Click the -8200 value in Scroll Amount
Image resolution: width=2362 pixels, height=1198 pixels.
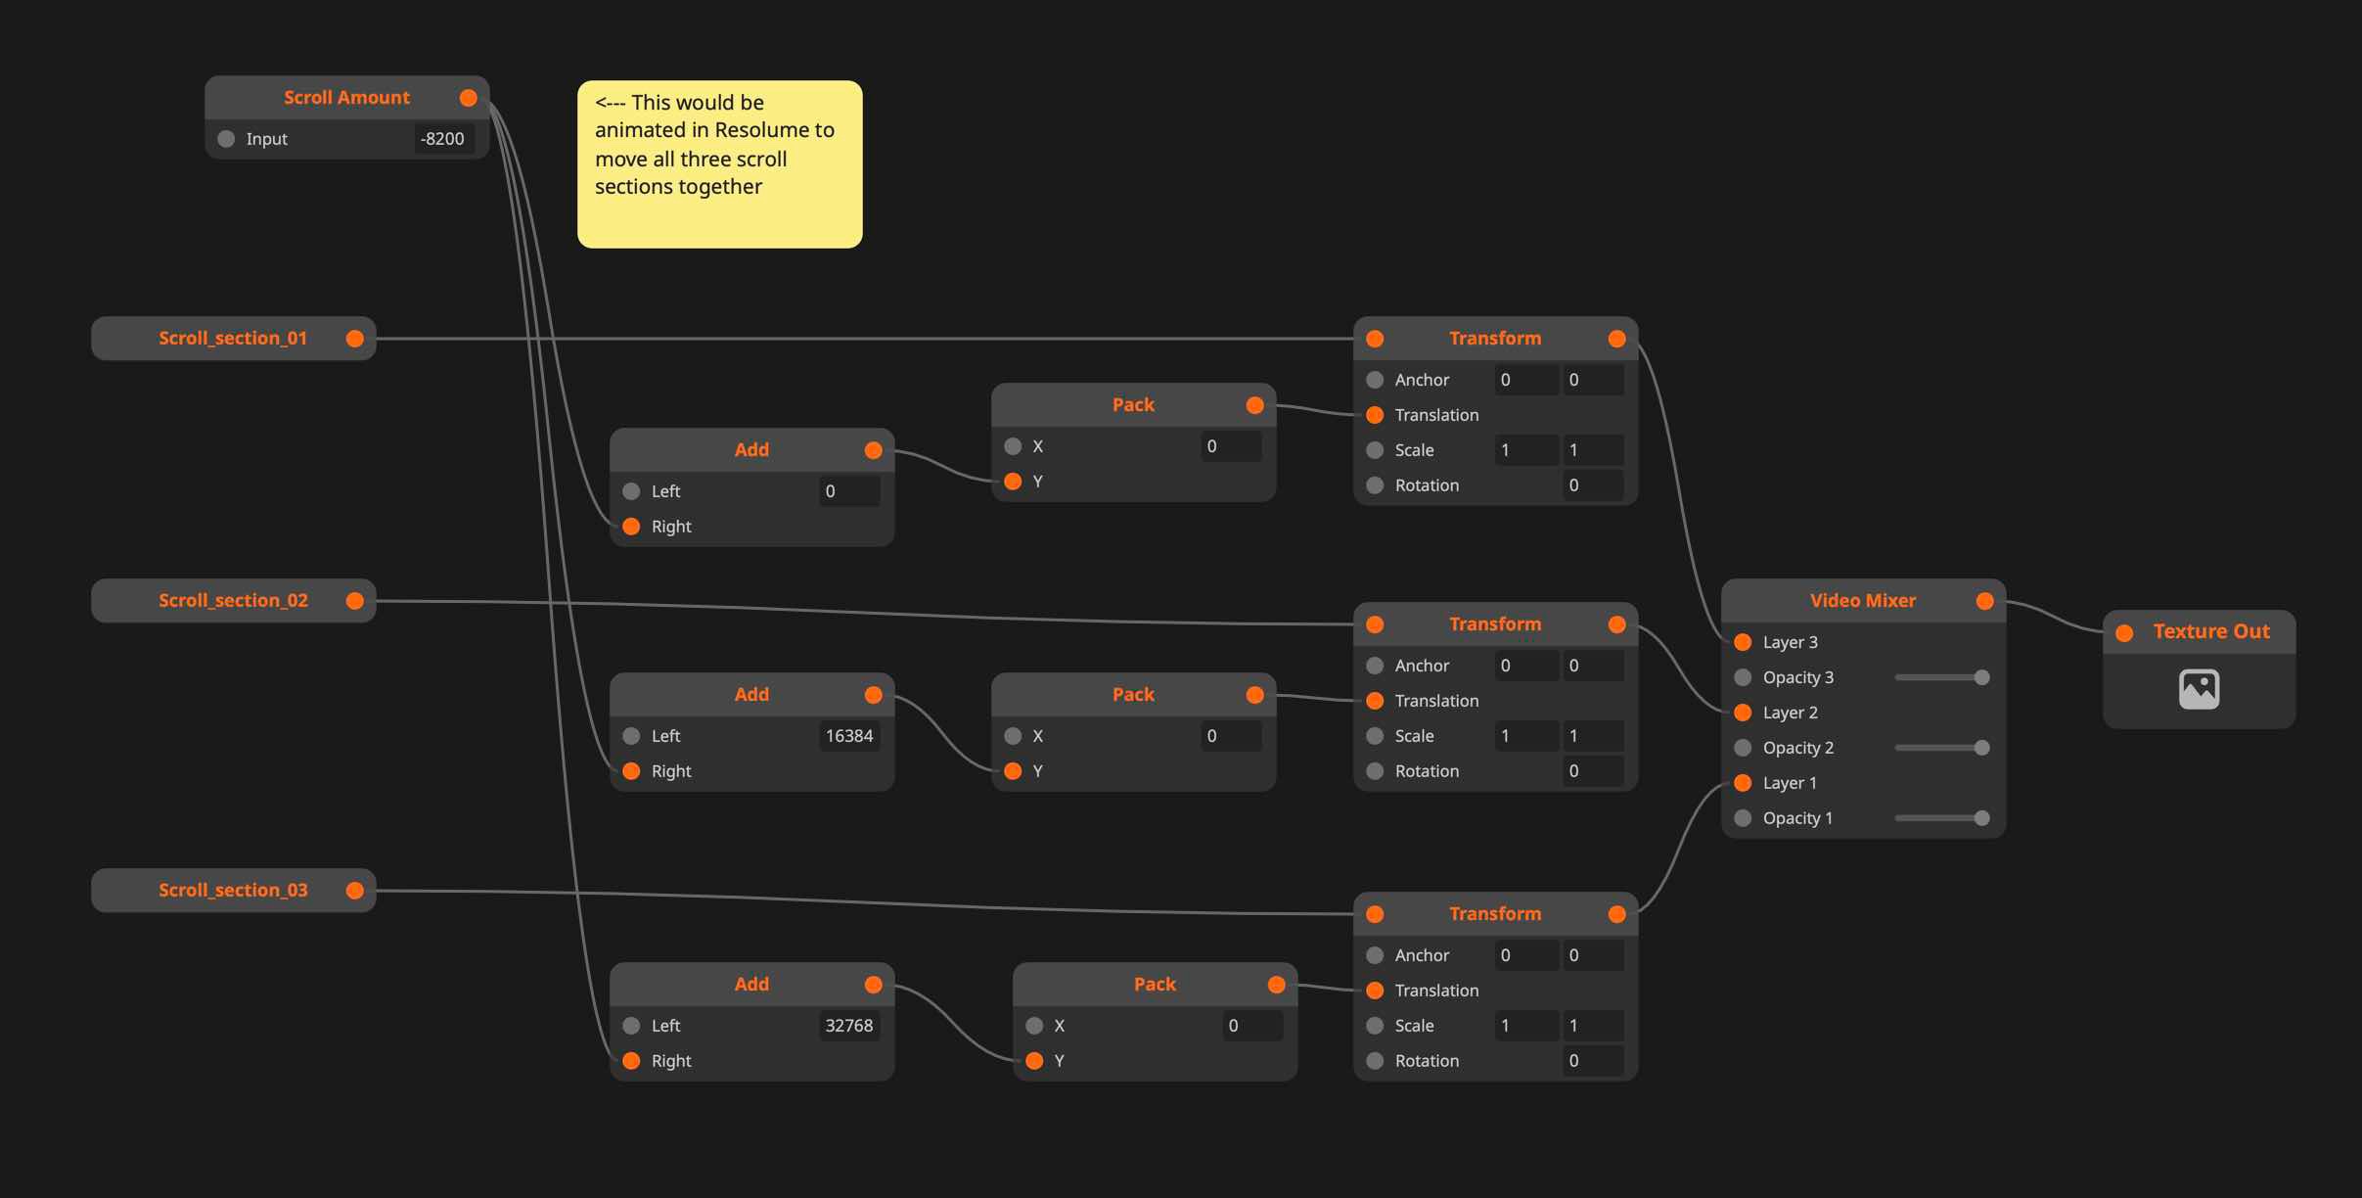point(442,139)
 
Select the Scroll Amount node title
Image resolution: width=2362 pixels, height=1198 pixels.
point(346,98)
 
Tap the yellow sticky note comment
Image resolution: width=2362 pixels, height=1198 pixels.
point(719,163)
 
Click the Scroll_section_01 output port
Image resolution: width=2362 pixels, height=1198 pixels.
point(355,339)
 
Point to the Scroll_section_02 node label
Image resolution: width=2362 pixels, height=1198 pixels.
point(233,601)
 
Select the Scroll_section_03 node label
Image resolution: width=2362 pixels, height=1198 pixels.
point(233,891)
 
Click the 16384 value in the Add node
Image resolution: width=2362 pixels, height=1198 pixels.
point(848,736)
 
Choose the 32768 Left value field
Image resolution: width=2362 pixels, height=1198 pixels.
point(848,1026)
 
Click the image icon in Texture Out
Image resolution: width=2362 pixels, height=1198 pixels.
point(2199,689)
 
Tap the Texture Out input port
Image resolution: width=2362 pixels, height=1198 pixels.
point(2124,633)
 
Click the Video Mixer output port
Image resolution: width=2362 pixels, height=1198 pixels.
point(1984,601)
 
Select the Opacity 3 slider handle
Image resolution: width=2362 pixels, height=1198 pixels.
point(1981,677)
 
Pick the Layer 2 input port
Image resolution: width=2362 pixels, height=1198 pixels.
point(1743,713)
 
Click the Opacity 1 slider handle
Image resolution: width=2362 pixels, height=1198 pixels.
point(1981,818)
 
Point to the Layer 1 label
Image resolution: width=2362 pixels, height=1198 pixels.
point(1790,783)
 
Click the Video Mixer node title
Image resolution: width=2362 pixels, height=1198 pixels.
point(1862,601)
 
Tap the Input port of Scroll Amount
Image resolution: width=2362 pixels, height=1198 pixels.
point(226,139)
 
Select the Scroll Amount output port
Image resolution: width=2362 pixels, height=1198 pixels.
point(469,98)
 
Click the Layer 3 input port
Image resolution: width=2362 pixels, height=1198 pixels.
point(1743,642)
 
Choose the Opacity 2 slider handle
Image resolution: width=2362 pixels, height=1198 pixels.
point(1981,748)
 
